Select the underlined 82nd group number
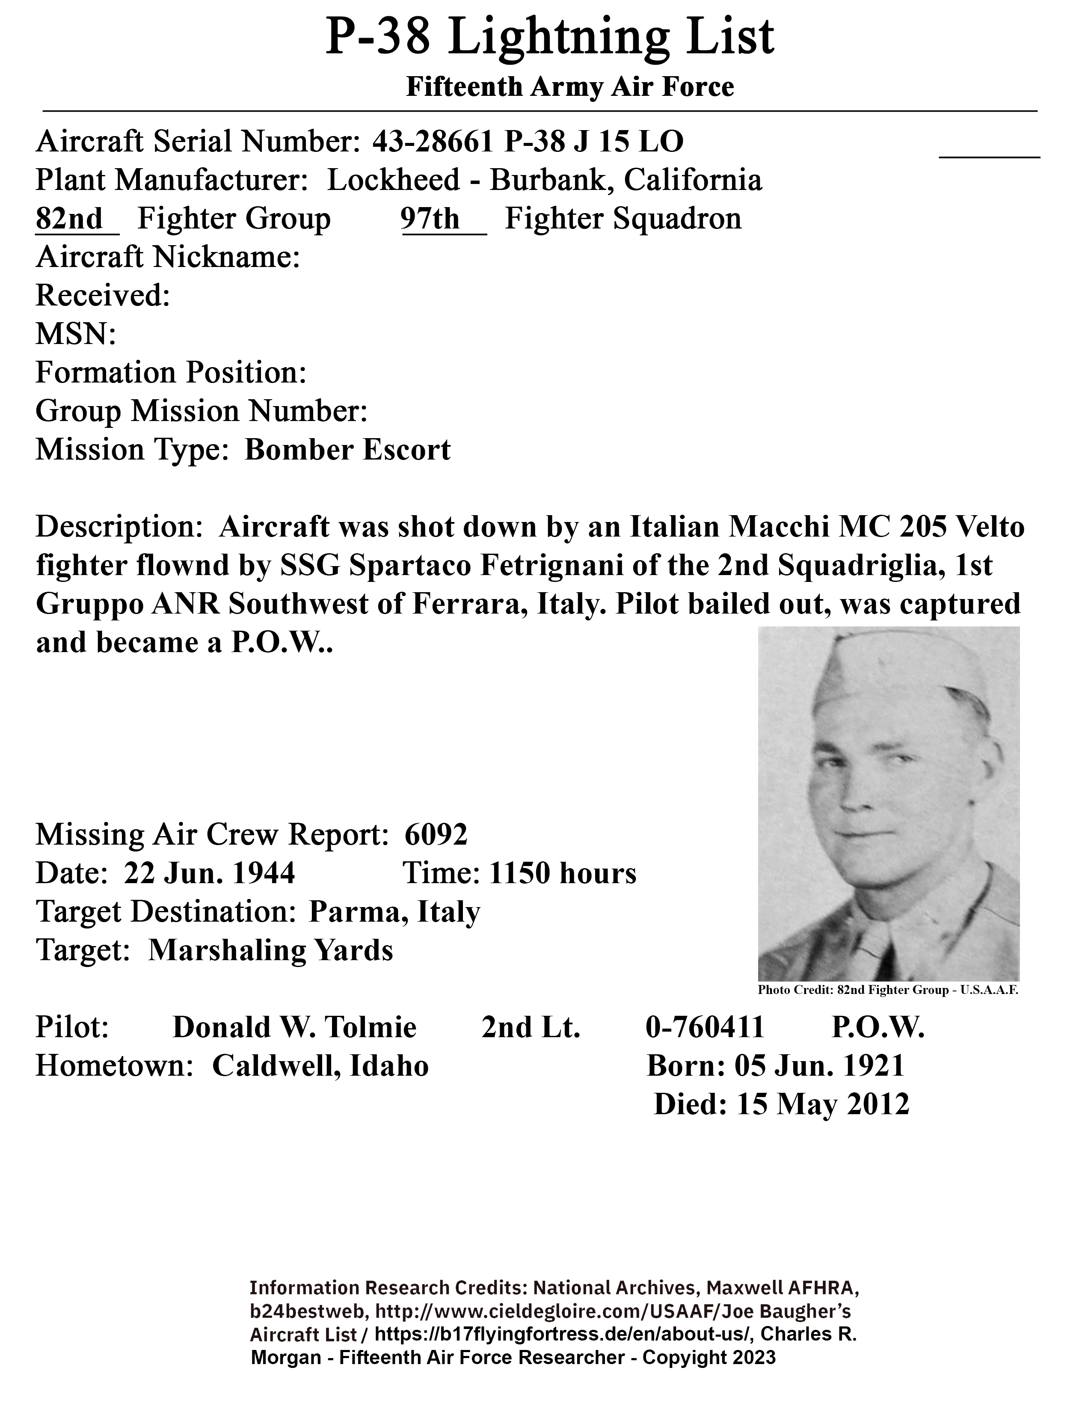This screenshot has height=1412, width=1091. coord(69,219)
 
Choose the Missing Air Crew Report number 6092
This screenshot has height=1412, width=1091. coord(436,835)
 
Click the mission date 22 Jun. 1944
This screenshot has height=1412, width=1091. coord(209,873)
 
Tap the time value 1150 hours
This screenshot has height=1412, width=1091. coord(562,873)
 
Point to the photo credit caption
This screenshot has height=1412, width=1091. coord(888,990)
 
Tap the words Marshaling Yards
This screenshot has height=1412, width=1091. coord(270,950)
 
